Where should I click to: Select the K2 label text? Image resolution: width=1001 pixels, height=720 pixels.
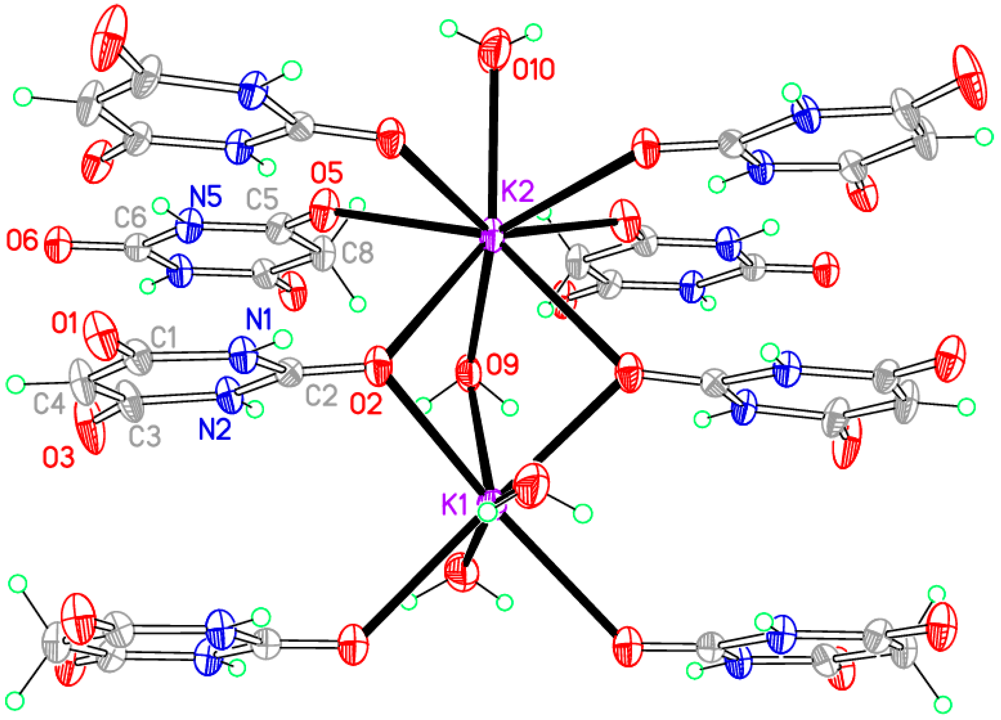(x=517, y=191)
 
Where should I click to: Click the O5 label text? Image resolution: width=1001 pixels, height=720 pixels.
(x=327, y=173)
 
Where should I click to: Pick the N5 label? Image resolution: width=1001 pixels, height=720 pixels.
(x=206, y=197)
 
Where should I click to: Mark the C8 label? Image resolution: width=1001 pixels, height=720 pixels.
(x=358, y=253)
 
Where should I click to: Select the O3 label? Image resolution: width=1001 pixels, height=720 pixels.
(x=59, y=458)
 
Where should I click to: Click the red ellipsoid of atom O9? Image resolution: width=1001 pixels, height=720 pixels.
(x=468, y=374)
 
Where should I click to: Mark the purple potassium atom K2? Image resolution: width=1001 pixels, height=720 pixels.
(x=491, y=235)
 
